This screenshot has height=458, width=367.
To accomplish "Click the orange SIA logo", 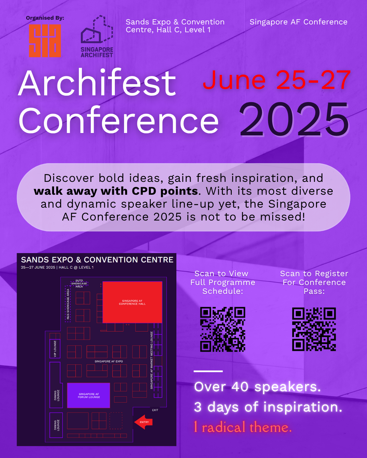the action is [45, 41].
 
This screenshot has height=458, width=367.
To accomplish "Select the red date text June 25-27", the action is [277, 80].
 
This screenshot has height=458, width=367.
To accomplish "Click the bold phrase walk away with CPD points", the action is [116, 191].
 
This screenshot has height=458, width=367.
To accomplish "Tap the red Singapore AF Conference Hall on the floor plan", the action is [132, 302].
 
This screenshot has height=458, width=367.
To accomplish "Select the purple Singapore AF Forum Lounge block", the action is [89, 395].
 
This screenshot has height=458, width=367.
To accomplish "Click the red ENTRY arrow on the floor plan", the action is [143, 422].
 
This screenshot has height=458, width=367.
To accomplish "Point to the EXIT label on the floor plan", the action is [155, 410].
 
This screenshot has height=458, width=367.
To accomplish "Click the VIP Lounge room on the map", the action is [55, 349].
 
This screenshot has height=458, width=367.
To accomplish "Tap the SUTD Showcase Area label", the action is [79, 284].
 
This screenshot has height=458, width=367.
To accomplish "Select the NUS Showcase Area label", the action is [68, 304].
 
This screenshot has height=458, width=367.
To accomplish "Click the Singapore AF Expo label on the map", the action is [108, 361].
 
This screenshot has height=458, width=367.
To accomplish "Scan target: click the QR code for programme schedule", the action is [223, 329].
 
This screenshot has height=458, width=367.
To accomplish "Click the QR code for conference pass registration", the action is [314, 329].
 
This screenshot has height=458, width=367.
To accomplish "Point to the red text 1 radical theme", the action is [243, 427].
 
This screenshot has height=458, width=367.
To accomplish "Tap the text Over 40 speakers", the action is [257, 387].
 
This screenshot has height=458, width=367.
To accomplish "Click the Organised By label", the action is [45, 18].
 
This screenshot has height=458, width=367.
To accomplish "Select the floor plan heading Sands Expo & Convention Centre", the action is [97, 260].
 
